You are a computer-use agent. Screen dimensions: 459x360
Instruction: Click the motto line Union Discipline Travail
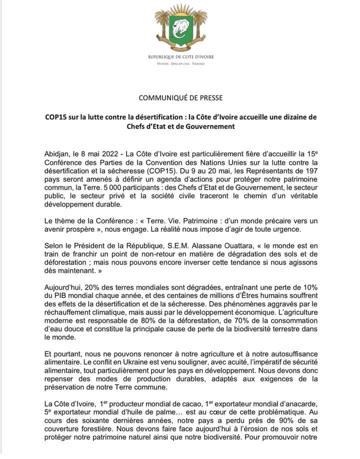pyautogui.click(x=180, y=64)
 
